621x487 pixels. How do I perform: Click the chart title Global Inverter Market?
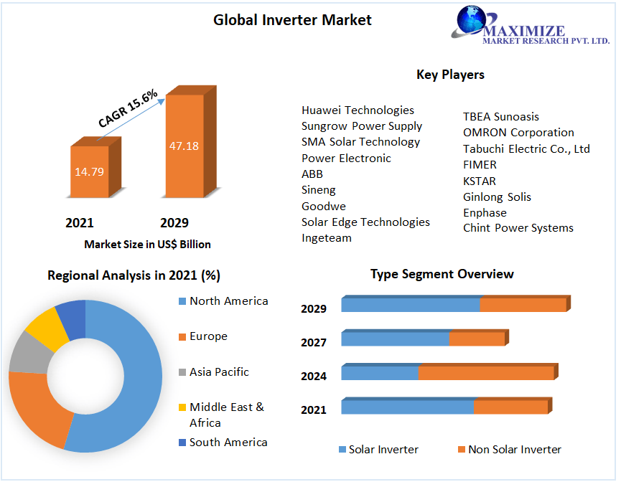click(x=292, y=20)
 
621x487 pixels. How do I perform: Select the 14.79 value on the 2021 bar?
click(x=90, y=171)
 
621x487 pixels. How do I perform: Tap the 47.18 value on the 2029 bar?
click(x=184, y=146)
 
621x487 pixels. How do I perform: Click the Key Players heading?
click(x=450, y=75)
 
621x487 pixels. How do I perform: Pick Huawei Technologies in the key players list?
click(x=358, y=110)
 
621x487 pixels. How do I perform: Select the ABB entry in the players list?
click(x=312, y=174)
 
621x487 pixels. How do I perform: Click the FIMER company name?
click(x=480, y=164)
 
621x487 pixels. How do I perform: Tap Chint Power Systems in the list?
click(x=518, y=227)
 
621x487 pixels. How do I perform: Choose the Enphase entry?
click(x=485, y=212)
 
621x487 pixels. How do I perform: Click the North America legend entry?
click(x=228, y=301)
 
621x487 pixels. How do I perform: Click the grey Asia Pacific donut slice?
click(x=26, y=352)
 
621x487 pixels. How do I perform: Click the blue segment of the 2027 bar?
click(x=395, y=339)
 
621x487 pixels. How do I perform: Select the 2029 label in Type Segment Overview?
click(x=314, y=309)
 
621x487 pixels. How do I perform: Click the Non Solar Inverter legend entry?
click(x=514, y=450)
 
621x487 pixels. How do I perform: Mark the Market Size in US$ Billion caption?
click(x=147, y=245)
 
